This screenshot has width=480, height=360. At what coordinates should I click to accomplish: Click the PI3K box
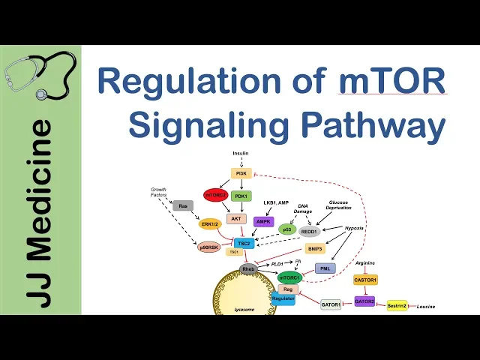[x=241, y=173]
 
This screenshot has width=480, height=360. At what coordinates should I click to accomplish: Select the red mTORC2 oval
[x=214, y=196]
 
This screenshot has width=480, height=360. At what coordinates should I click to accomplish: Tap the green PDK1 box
[x=241, y=196]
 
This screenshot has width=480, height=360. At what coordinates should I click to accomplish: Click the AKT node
[x=236, y=219]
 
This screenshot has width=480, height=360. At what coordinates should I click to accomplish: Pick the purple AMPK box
[x=263, y=221]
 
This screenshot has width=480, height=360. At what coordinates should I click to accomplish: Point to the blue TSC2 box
[x=243, y=243]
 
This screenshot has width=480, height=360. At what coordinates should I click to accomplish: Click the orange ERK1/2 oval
[x=210, y=223]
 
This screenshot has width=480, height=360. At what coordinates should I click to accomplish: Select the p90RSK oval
[x=209, y=247]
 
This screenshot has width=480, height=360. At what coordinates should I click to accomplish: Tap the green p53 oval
[x=286, y=229]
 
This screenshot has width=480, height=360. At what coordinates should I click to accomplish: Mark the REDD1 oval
[x=310, y=232]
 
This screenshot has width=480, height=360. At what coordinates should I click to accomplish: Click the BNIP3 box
[x=314, y=249]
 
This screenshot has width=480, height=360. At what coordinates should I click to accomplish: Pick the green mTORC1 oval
[x=290, y=277]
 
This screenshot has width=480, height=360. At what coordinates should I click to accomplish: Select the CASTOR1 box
[x=365, y=280]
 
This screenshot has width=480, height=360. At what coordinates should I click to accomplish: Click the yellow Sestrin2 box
[x=397, y=305]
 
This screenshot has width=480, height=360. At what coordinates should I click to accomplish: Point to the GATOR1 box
[x=331, y=304]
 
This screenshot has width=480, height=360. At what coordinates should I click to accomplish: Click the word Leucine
[x=425, y=307]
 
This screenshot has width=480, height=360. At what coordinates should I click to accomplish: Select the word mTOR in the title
[x=392, y=80]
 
